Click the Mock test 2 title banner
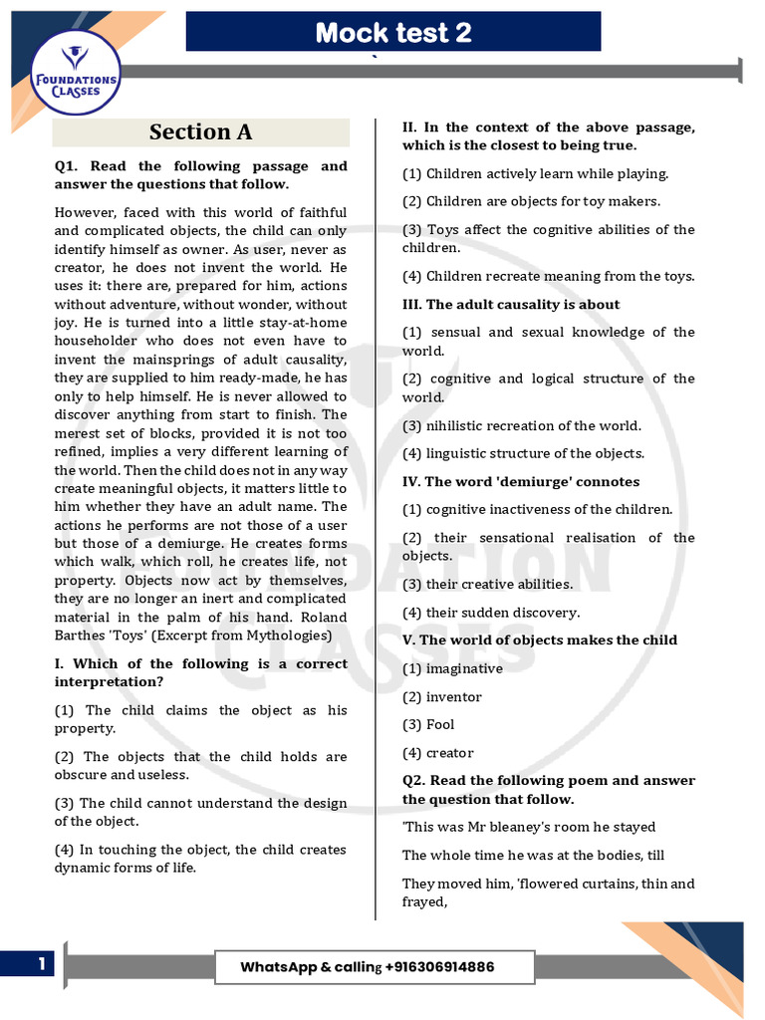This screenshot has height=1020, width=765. pos(393,33)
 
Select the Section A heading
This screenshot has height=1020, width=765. pos(200,132)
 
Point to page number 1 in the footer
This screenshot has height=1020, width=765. pos(42,964)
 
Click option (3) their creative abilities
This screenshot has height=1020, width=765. pos(487,584)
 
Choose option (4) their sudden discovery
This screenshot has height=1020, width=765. pos(490,613)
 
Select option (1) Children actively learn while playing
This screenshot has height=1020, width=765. pos(535,173)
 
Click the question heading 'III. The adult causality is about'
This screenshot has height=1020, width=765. pos(511,305)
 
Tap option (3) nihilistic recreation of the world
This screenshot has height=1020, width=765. pos(521,425)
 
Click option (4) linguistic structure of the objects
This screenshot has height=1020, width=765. pos(523,453)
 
